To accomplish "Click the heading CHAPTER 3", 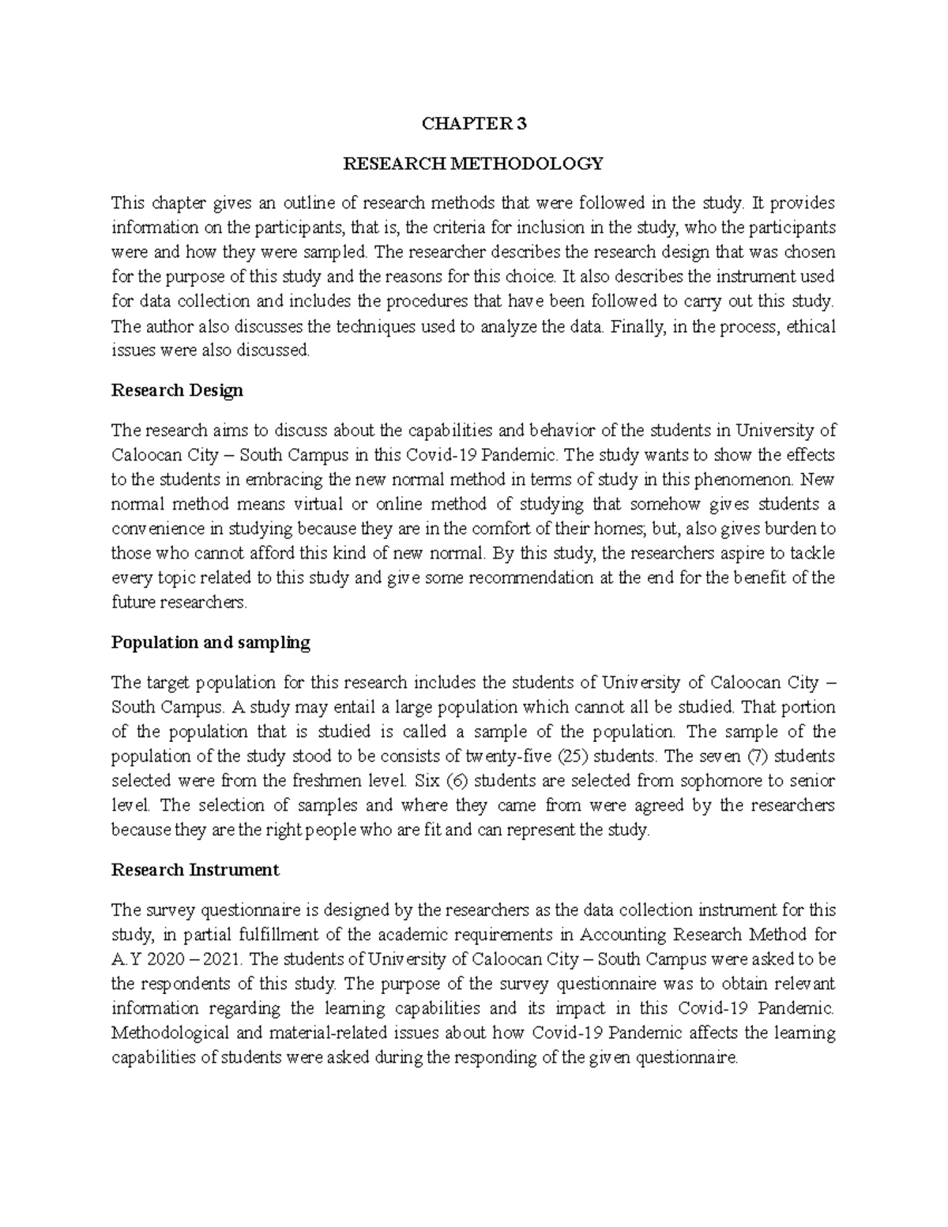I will coord(473,123).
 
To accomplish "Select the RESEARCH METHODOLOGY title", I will coord(473,164).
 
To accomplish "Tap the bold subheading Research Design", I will coord(177,390).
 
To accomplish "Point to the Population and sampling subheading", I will coord(211,642).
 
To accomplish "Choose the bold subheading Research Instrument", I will coord(195,870).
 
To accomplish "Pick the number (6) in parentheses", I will coord(457,781).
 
